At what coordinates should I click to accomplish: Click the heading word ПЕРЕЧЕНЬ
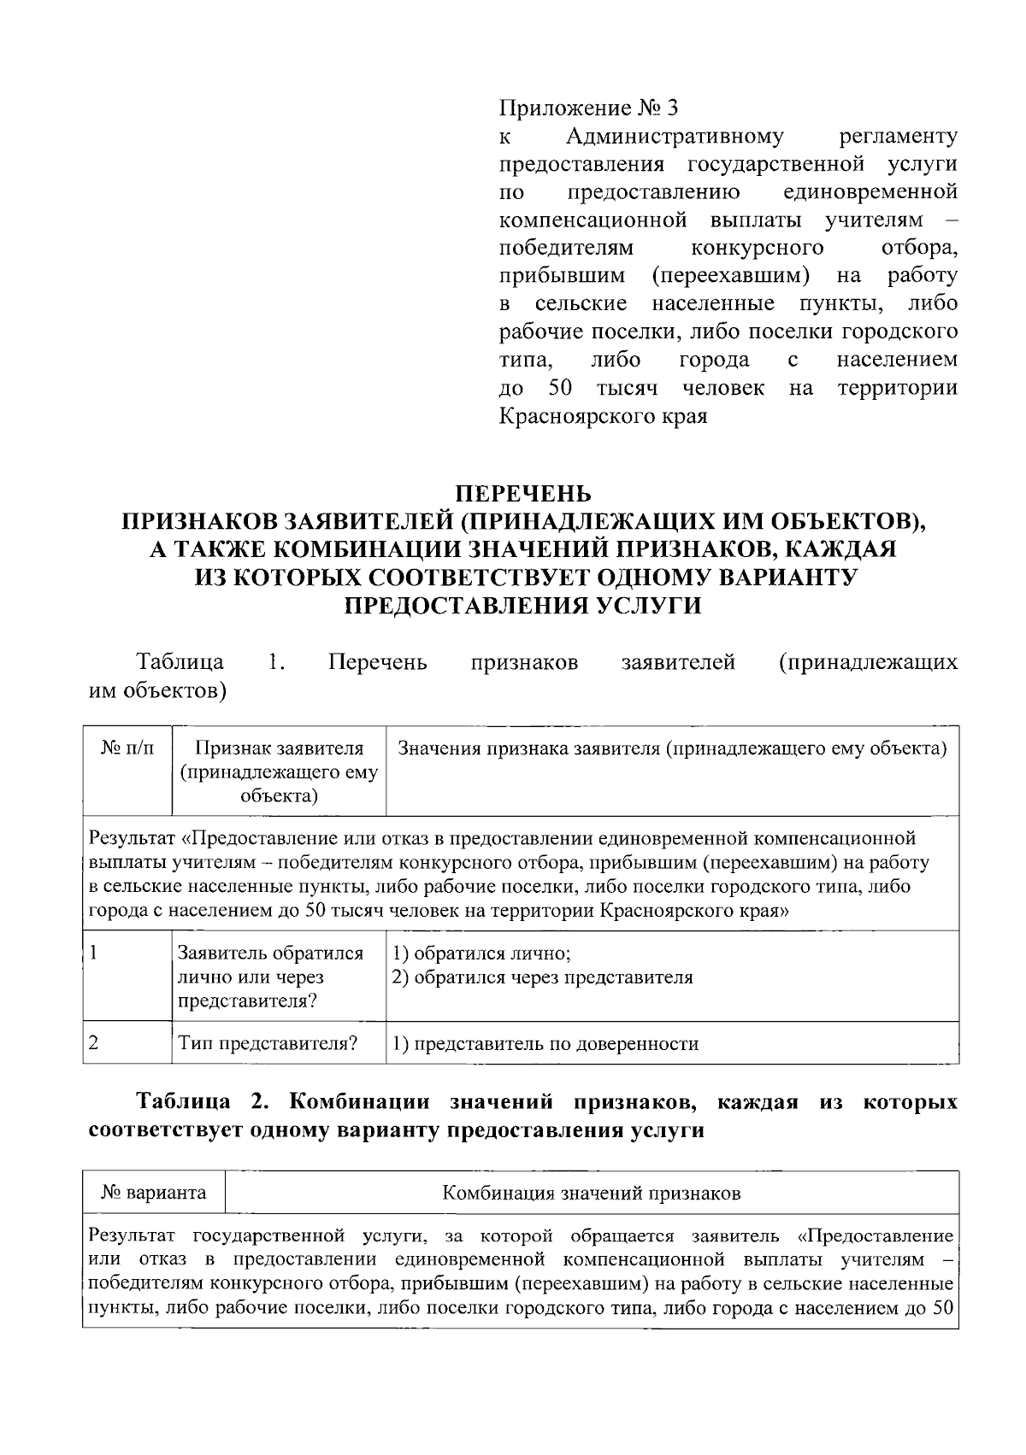click(522, 494)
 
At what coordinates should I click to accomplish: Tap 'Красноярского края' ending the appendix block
click(603, 417)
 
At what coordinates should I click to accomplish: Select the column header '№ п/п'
click(128, 749)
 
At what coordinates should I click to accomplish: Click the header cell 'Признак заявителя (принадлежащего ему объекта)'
click(279, 772)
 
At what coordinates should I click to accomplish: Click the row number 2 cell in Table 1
click(94, 1043)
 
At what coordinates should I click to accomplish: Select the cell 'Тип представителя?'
click(268, 1043)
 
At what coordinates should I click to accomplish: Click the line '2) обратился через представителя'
click(542, 977)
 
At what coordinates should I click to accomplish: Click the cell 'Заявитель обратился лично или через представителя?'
click(269, 977)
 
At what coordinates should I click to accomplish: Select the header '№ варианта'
click(154, 1193)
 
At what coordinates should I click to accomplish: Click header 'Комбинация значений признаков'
click(591, 1193)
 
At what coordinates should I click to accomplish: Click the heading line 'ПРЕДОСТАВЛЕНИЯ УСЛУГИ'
click(522, 606)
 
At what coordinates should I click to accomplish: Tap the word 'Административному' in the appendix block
click(675, 136)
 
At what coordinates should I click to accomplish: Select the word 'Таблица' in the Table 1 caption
click(180, 662)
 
